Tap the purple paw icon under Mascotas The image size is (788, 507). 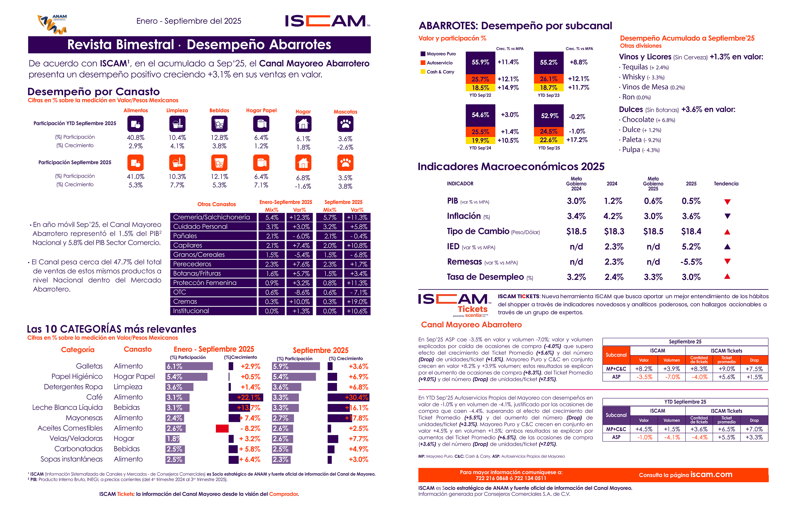[345, 124]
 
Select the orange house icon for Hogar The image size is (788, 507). [303, 163]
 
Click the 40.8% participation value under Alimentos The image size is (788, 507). [135, 138]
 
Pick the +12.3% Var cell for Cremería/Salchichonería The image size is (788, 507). [299, 217]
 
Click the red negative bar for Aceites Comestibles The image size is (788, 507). [222, 428]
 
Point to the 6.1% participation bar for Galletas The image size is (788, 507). [189, 366]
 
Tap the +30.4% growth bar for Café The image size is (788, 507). [348, 397]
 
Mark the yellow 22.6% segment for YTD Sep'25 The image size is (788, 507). [548, 140]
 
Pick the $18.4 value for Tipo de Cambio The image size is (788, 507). [691, 231]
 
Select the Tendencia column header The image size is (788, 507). [726, 184]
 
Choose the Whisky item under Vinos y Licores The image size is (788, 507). [633, 77]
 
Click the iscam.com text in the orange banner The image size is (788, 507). [711, 474]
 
